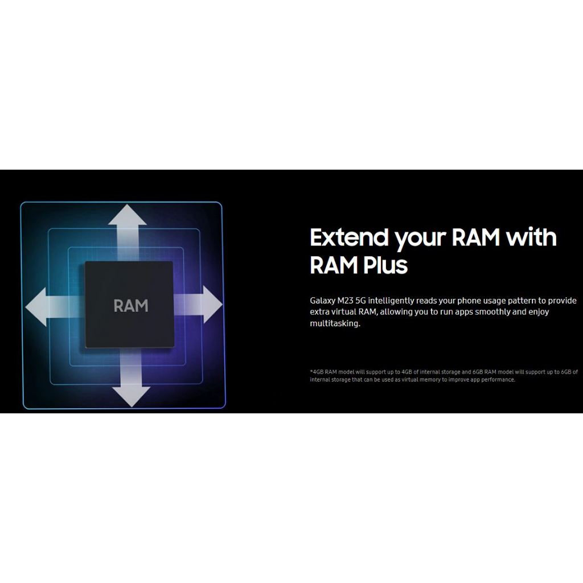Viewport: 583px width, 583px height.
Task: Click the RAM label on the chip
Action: (x=131, y=306)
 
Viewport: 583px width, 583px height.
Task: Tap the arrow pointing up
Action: (x=128, y=233)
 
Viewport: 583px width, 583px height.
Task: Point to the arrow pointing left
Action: (x=55, y=307)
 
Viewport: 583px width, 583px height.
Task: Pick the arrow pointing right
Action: (x=198, y=305)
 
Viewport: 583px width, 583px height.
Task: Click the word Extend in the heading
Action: (x=349, y=237)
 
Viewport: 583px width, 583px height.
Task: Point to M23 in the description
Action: (x=346, y=301)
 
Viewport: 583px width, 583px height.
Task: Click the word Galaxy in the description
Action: (x=322, y=301)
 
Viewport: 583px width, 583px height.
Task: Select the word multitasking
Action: (x=335, y=323)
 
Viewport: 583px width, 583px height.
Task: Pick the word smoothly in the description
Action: (x=492, y=311)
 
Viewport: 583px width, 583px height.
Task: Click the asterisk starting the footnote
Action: (x=311, y=371)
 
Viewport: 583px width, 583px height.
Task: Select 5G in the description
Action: (x=360, y=301)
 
